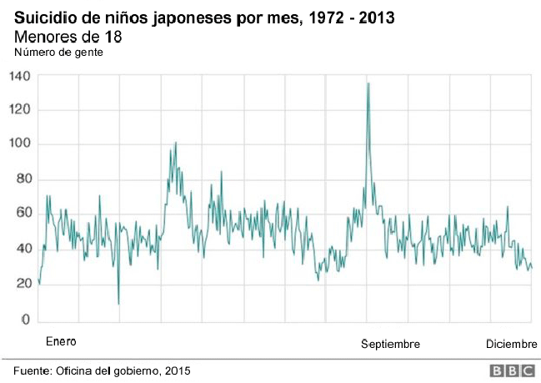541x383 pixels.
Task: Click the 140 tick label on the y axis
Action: point(20,76)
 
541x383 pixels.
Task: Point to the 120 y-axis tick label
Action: point(20,110)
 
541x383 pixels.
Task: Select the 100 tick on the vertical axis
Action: point(20,144)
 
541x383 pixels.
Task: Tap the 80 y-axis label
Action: point(23,179)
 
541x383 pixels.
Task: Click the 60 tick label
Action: point(23,214)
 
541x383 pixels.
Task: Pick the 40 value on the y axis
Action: point(23,249)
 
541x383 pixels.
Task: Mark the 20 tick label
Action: point(23,284)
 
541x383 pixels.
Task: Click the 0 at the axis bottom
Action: point(25,320)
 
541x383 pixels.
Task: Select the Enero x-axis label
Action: point(61,342)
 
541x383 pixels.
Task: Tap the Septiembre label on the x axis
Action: point(390,344)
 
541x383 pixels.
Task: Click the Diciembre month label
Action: point(512,344)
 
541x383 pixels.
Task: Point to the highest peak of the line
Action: point(368,83)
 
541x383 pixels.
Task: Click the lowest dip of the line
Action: point(118,304)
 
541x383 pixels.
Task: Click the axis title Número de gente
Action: point(57,53)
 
